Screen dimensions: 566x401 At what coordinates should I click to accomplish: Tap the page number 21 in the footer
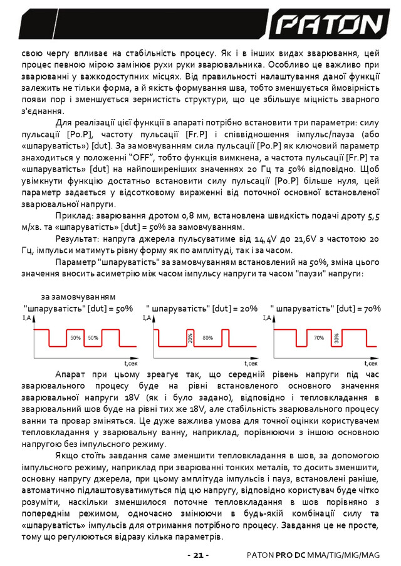click(198, 555)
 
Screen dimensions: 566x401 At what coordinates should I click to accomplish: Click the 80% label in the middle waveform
click(208, 337)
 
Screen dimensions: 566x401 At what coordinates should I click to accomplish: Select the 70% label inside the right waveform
click(318, 337)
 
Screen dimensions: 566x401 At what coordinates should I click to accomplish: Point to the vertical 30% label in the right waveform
click(336, 339)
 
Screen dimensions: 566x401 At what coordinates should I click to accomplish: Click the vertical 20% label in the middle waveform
click(190, 339)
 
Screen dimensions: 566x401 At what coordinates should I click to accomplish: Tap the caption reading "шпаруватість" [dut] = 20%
click(201, 309)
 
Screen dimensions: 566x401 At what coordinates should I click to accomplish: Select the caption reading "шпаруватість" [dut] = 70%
click(326, 309)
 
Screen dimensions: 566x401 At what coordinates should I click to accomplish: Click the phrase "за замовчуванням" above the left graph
click(78, 296)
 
